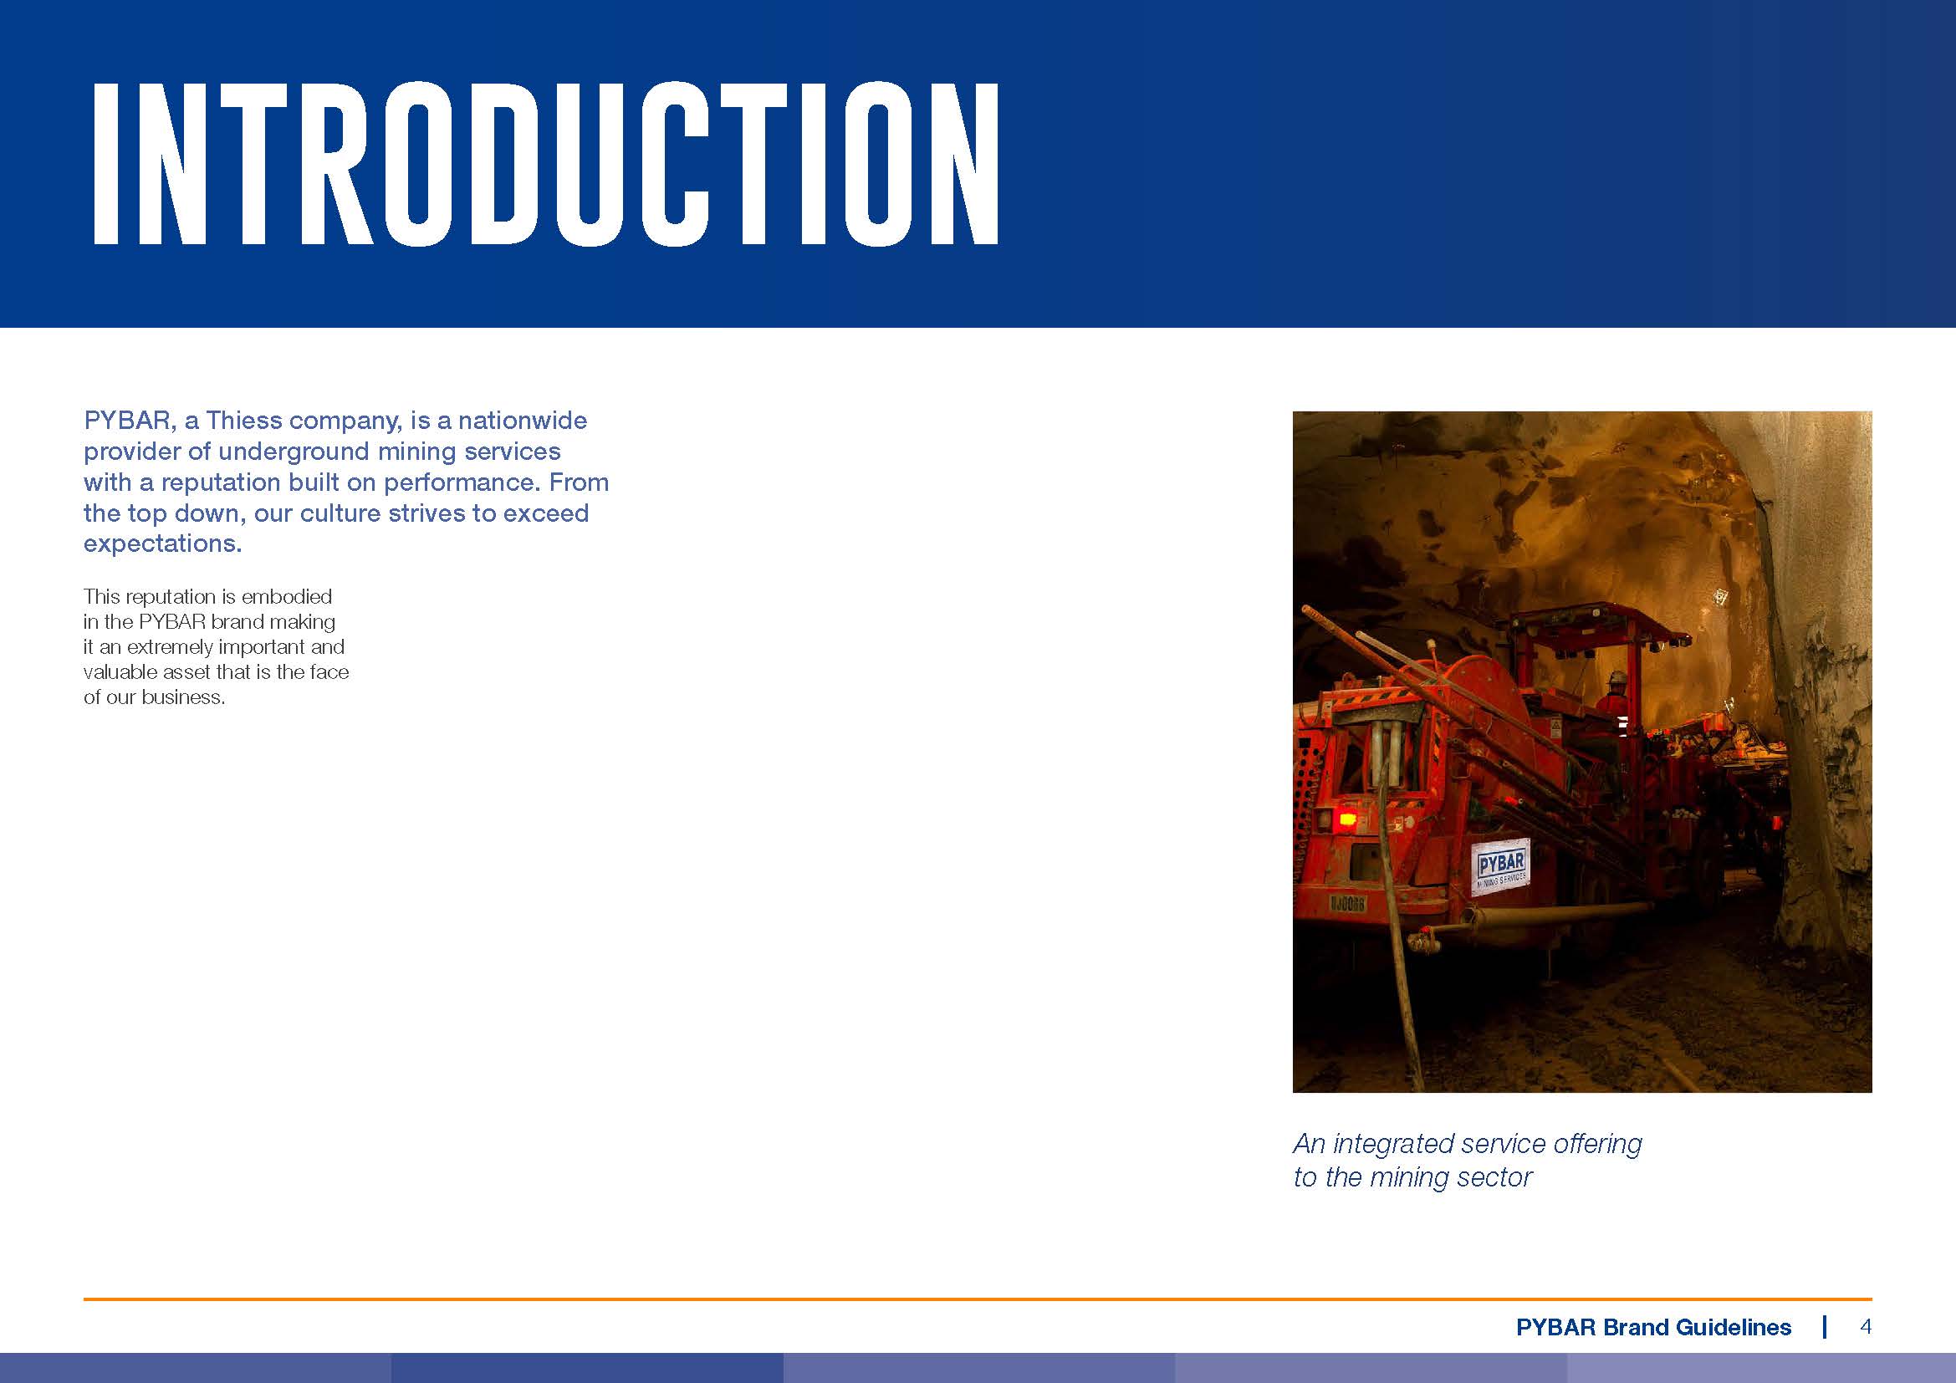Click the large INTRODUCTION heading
coord(545,165)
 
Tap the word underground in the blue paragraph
coord(294,452)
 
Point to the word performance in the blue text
coord(461,482)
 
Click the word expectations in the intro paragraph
coord(163,544)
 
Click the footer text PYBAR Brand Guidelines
coord(1653,1327)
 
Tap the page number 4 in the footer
coord(1866,1327)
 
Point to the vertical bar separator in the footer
coord(1825,1327)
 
